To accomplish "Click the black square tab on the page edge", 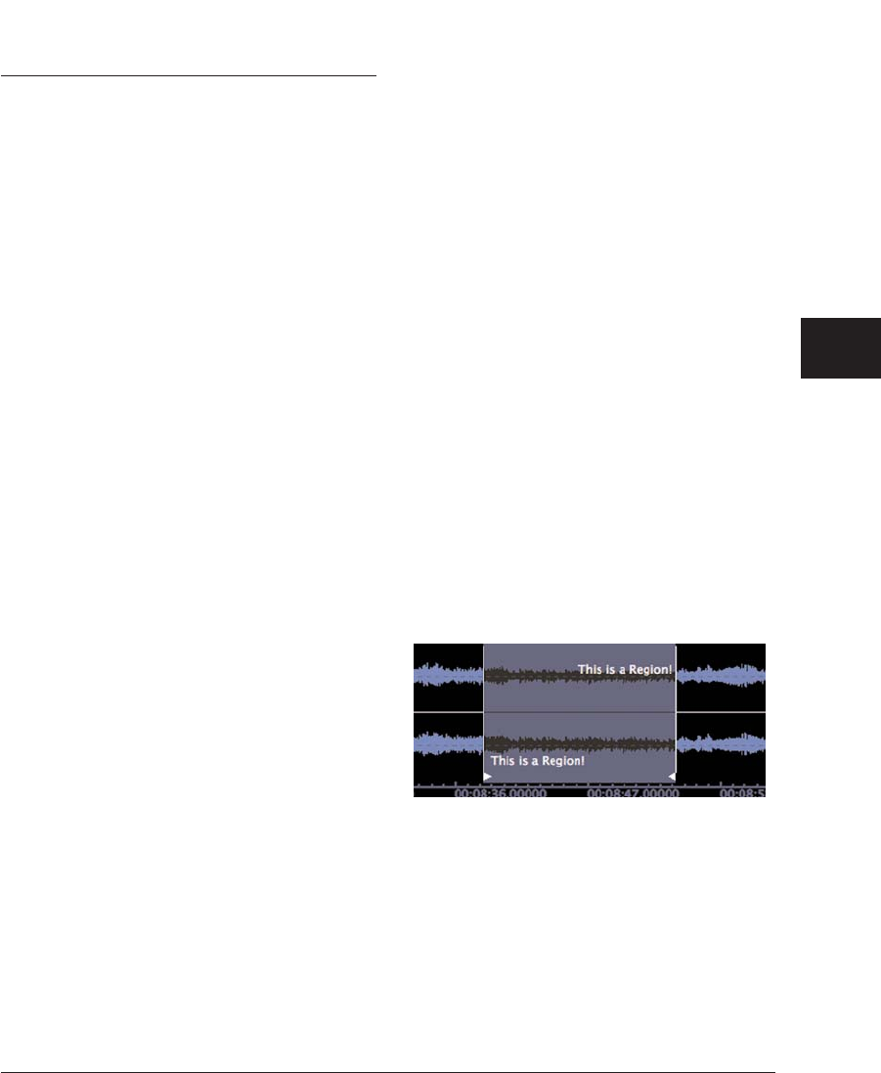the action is tap(840, 347).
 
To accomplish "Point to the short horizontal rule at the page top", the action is tap(188, 74).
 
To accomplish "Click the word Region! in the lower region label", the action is tap(560, 760).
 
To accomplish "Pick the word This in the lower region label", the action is tap(503, 760).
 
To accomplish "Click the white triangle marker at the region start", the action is tap(488, 777).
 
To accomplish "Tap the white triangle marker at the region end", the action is tap(671, 777).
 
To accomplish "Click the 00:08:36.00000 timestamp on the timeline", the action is tap(501, 795).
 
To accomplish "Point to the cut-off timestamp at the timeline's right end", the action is tap(742, 795).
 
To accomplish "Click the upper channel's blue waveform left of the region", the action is tap(448, 675).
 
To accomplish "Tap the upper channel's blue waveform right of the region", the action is tap(721, 675).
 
